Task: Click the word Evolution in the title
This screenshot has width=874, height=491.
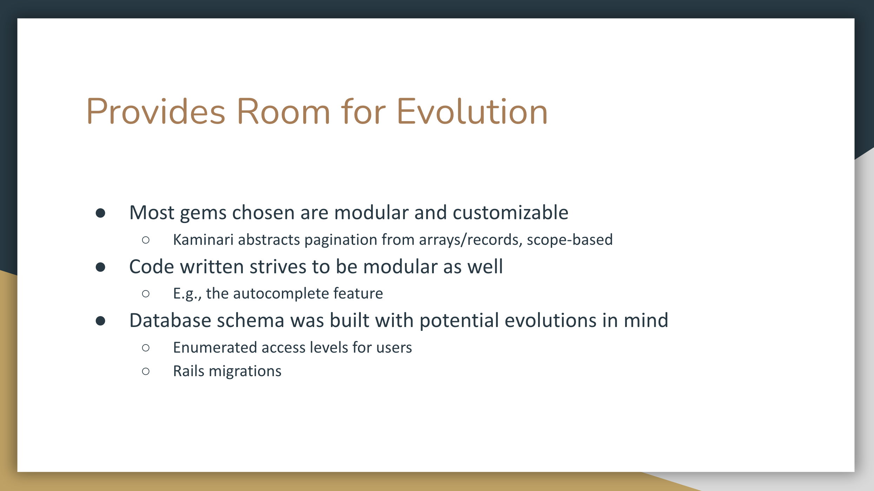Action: tap(472, 112)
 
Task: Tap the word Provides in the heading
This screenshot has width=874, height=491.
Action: tap(156, 112)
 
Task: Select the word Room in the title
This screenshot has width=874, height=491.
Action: tap(284, 112)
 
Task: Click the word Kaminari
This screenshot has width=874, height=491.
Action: tap(203, 240)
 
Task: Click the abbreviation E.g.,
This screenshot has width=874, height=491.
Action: tap(187, 294)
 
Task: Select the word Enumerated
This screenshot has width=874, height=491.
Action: tap(215, 347)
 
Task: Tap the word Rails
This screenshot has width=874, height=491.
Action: tap(188, 371)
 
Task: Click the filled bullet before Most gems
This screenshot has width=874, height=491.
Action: tap(100, 213)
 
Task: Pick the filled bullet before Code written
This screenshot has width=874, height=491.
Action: tap(100, 267)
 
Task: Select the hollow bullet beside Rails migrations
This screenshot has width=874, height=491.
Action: tap(146, 371)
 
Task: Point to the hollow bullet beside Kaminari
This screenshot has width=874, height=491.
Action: tap(146, 240)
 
